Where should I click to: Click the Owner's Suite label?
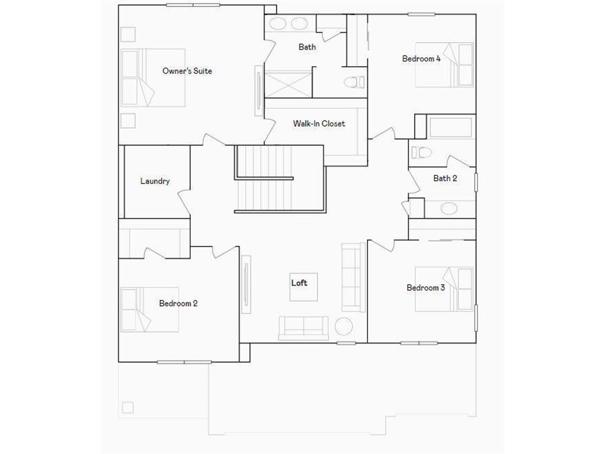(x=187, y=71)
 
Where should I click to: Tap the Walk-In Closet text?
(x=319, y=124)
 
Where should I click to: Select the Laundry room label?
(x=155, y=181)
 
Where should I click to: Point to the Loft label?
(x=300, y=283)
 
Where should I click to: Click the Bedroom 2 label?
(x=178, y=303)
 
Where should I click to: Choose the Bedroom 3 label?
(x=425, y=288)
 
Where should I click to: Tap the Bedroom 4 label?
(x=421, y=59)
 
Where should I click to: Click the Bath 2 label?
(x=445, y=178)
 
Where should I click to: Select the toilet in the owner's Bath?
(x=353, y=82)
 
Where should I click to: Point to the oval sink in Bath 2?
(x=449, y=208)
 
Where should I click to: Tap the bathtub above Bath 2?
(x=450, y=127)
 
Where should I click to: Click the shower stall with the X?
(x=287, y=83)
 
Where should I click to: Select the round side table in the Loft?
(x=344, y=326)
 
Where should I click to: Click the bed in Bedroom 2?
(x=137, y=309)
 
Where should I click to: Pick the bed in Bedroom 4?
(x=444, y=64)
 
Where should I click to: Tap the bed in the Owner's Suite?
(x=154, y=77)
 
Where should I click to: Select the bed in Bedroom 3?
(x=444, y=289)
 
